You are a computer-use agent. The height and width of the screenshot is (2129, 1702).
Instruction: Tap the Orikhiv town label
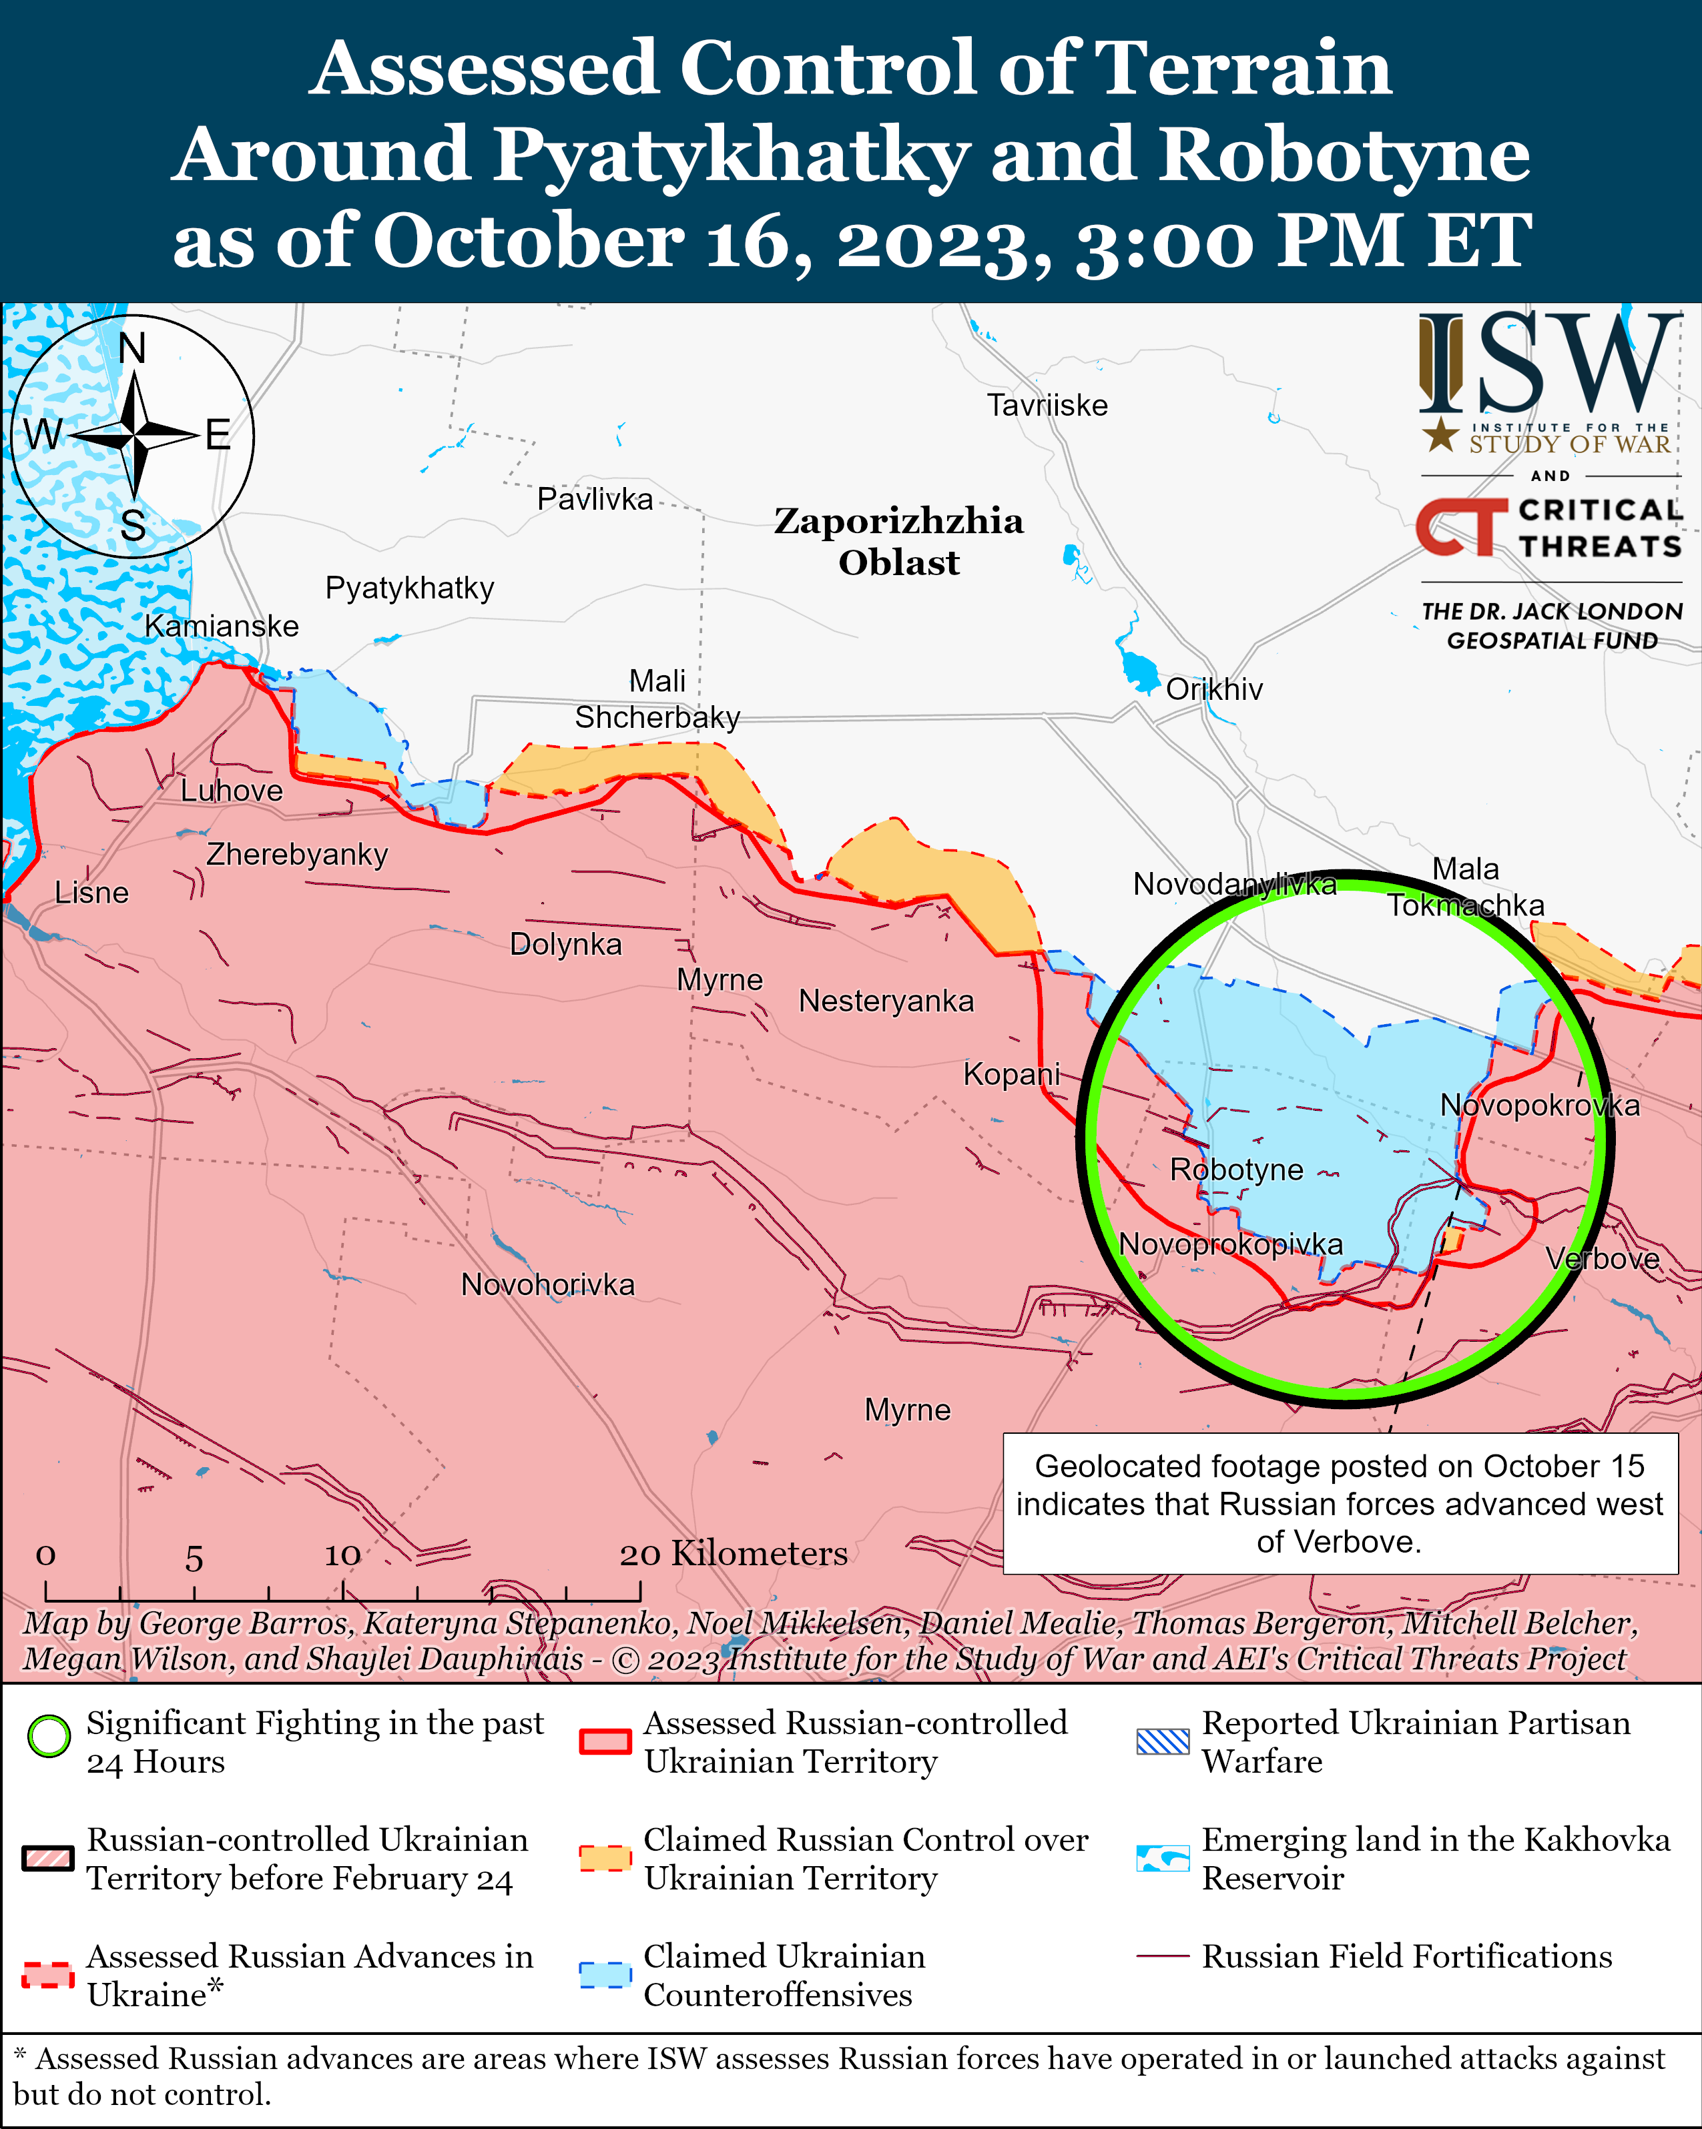tap(1214, 689)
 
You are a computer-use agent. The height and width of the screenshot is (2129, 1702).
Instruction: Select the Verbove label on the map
tap(1601, 1258)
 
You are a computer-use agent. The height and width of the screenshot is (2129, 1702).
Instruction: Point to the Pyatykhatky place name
tap(409, 588)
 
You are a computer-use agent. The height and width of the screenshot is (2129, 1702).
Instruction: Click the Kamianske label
tap(222, 626)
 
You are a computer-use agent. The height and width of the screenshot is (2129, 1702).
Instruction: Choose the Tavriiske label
tap(1047, 405)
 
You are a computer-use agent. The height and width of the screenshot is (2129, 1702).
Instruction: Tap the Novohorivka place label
tap(547, 1285)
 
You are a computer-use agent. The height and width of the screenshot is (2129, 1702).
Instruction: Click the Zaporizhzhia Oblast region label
tap(898, 541)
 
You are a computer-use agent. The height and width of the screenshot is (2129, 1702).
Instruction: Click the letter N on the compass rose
tap(131, 348)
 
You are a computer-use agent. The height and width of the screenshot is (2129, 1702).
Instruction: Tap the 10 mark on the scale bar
tap(343, 1557)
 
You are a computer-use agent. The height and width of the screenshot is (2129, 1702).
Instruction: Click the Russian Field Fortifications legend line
tap(1161, 1956)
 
